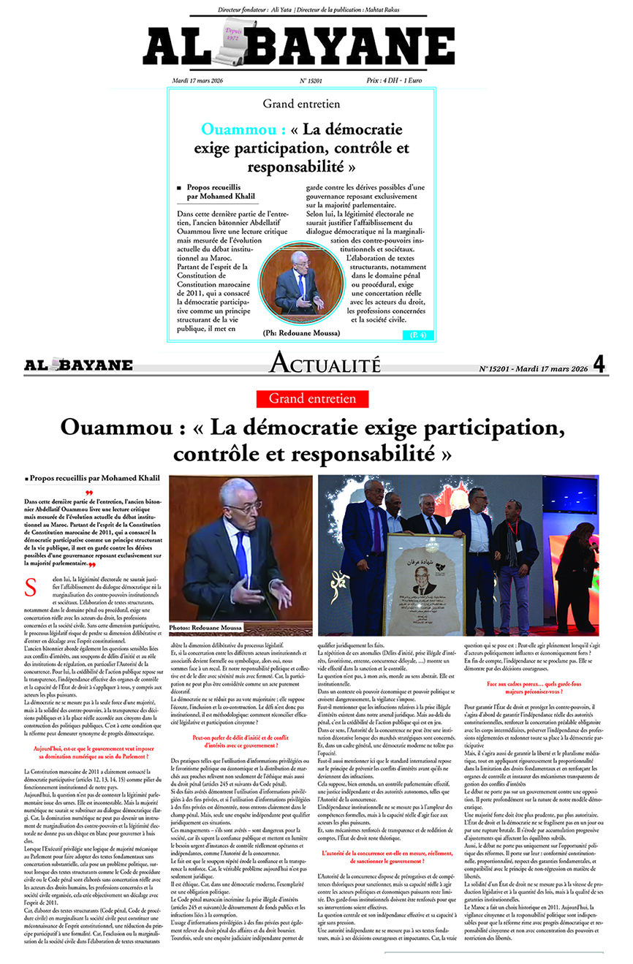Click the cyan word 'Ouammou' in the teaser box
click(x=232, y=130)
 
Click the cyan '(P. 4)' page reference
click(x=417, y=335)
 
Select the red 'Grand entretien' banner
click(x=313, y=398)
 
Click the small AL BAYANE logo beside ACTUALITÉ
click(x=78, y=365)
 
